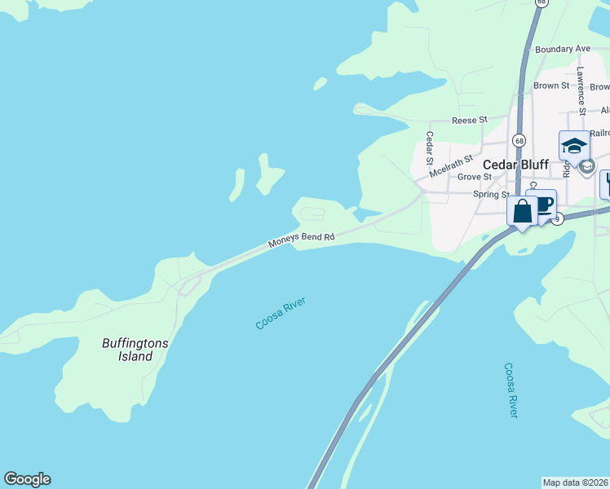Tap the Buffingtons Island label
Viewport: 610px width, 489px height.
point(135,350)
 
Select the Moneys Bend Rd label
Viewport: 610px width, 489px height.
point(302,240)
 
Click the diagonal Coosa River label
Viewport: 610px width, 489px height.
point(280,314)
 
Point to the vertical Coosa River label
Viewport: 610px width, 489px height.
point(511,390)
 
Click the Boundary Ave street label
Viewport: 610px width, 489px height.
point(563,49)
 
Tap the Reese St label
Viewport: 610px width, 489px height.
point(469,120)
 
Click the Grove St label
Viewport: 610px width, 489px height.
point(474,176)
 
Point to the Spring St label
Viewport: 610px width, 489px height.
point(491,194)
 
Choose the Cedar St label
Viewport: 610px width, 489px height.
point(430,148)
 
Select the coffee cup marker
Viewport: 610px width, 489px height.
point(541,204)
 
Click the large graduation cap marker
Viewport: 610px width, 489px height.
point(574,146)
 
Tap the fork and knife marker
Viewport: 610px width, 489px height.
point(606,183)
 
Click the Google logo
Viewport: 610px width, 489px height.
point(27,479)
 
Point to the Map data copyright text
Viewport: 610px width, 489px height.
point(576,482)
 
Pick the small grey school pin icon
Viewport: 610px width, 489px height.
point(586,166)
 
